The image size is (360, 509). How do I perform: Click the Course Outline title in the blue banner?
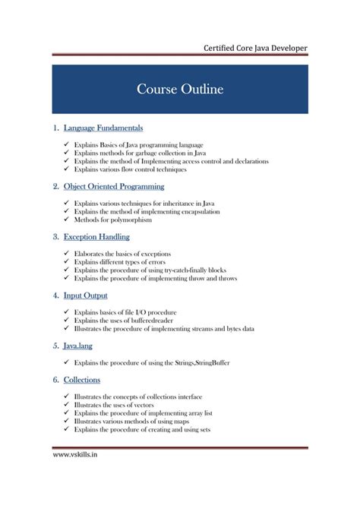[180, 90]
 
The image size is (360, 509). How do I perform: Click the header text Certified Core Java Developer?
[255, 49]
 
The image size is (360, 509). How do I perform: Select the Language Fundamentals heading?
[103, 128]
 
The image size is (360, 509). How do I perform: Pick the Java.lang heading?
[81, 345]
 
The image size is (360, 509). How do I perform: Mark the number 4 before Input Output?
[55, 295]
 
